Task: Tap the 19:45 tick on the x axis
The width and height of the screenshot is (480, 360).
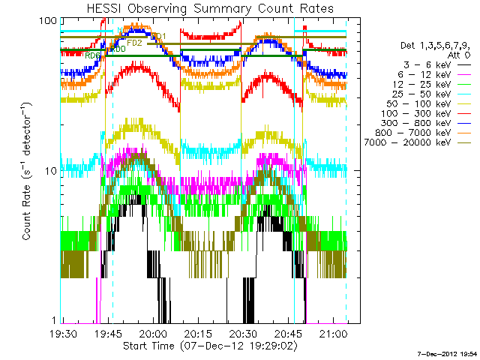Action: (108, 333)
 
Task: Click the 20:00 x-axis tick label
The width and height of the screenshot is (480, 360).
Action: (153, 333)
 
